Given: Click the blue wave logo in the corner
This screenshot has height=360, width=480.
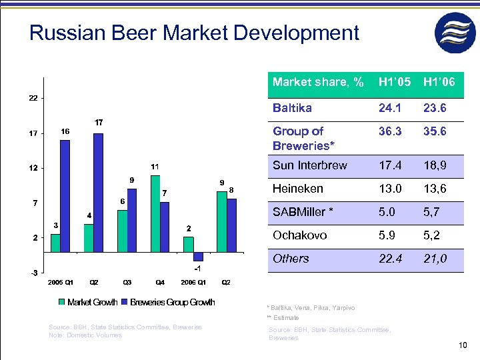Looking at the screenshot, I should click(455, 33).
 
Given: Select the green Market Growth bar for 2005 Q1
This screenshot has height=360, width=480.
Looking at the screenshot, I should click(55, 244).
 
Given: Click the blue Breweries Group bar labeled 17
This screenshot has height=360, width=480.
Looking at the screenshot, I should click(99, 193).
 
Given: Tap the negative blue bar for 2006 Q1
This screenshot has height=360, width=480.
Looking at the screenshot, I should click(198, 257).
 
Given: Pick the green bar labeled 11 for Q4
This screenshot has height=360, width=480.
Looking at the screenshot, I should click(155, 214).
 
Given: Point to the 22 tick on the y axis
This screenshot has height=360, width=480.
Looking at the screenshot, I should click(33, 98).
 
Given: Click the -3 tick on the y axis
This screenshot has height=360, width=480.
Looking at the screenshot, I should click(33, 273).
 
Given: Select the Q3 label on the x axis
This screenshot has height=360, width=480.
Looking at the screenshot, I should click(127, 283).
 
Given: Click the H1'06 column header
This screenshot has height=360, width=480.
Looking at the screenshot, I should click(439, 82).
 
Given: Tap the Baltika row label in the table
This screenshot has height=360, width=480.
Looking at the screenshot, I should click(292, 107).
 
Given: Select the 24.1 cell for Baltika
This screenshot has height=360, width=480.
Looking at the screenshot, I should click(390, 107).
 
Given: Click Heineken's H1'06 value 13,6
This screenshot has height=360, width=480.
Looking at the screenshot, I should click(435, 189).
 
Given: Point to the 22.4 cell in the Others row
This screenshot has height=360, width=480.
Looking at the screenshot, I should click(390, 259).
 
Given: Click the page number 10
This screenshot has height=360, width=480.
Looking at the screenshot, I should click(464, 345).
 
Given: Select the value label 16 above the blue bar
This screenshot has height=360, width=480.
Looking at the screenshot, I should click(65, 132).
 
